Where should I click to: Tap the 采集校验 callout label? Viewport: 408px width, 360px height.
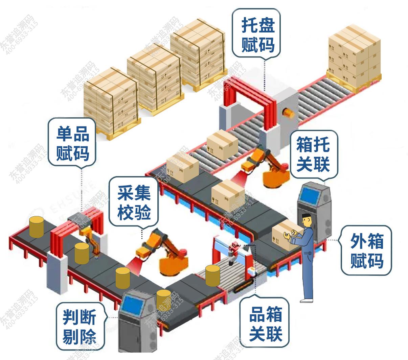[x=134, y=202]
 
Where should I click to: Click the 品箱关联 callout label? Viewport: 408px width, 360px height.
[x=266, y=323]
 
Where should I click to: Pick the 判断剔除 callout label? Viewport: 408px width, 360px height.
[x=80, y=327]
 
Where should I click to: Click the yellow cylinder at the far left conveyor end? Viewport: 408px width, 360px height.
[x=36, y=227]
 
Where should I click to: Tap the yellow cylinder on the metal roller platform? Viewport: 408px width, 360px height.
[x=212, y=275]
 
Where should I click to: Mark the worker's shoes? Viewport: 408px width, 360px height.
[x=307, y=300]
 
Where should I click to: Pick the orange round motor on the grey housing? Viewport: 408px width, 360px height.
[x=288, y=112]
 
